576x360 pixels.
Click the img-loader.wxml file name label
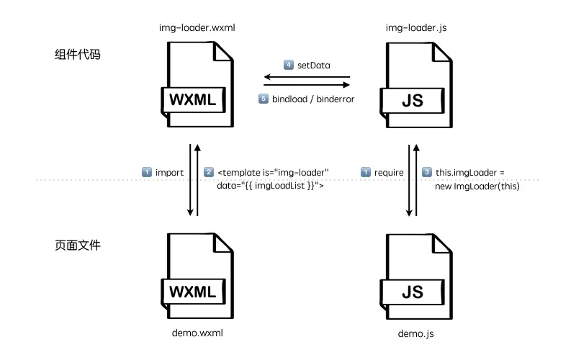click(x=197, y=28)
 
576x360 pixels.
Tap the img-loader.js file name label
click(x=410, y=28)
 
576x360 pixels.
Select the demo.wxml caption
click(x=197, y=333)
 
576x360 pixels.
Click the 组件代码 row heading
click(x=77, y=55)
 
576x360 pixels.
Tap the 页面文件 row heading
click(x=77, y=246)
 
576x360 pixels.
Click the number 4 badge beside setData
click(x=289, y=65)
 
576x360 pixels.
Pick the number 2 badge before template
click(x=209, y=172)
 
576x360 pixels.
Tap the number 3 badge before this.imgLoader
click(x=427, y=172)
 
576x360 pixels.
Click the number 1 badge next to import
click(x=147, y=172)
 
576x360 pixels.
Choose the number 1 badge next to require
click(x=366, y=172)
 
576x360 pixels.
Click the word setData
click(x=314, y=65)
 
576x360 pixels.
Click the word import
click(x=170, y=172)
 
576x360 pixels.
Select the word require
click(x=389, y=172)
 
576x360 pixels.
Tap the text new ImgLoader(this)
click(x=477, y=186)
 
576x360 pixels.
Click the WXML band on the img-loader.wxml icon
click(x=192, y=100)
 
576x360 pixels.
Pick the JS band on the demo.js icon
click(x=412, y=292)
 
